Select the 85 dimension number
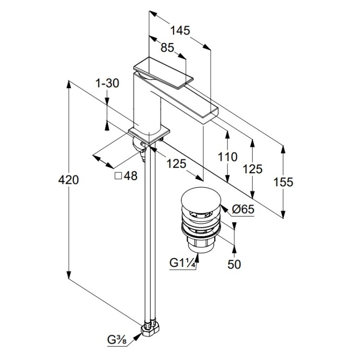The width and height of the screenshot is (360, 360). click(x=167, y=48)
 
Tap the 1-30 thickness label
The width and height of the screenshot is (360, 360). click(x=107, y=83)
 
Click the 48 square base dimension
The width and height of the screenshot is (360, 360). click(x=131, y=176)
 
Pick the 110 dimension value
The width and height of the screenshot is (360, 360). click(x=227, y=157)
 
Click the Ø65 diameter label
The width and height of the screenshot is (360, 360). click(x=242, y=209)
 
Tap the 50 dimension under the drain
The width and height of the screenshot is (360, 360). click(x=234, y=264)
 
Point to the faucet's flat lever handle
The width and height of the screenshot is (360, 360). click(x=163, y=72)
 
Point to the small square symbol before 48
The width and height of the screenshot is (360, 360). click(x=118, y=176)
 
